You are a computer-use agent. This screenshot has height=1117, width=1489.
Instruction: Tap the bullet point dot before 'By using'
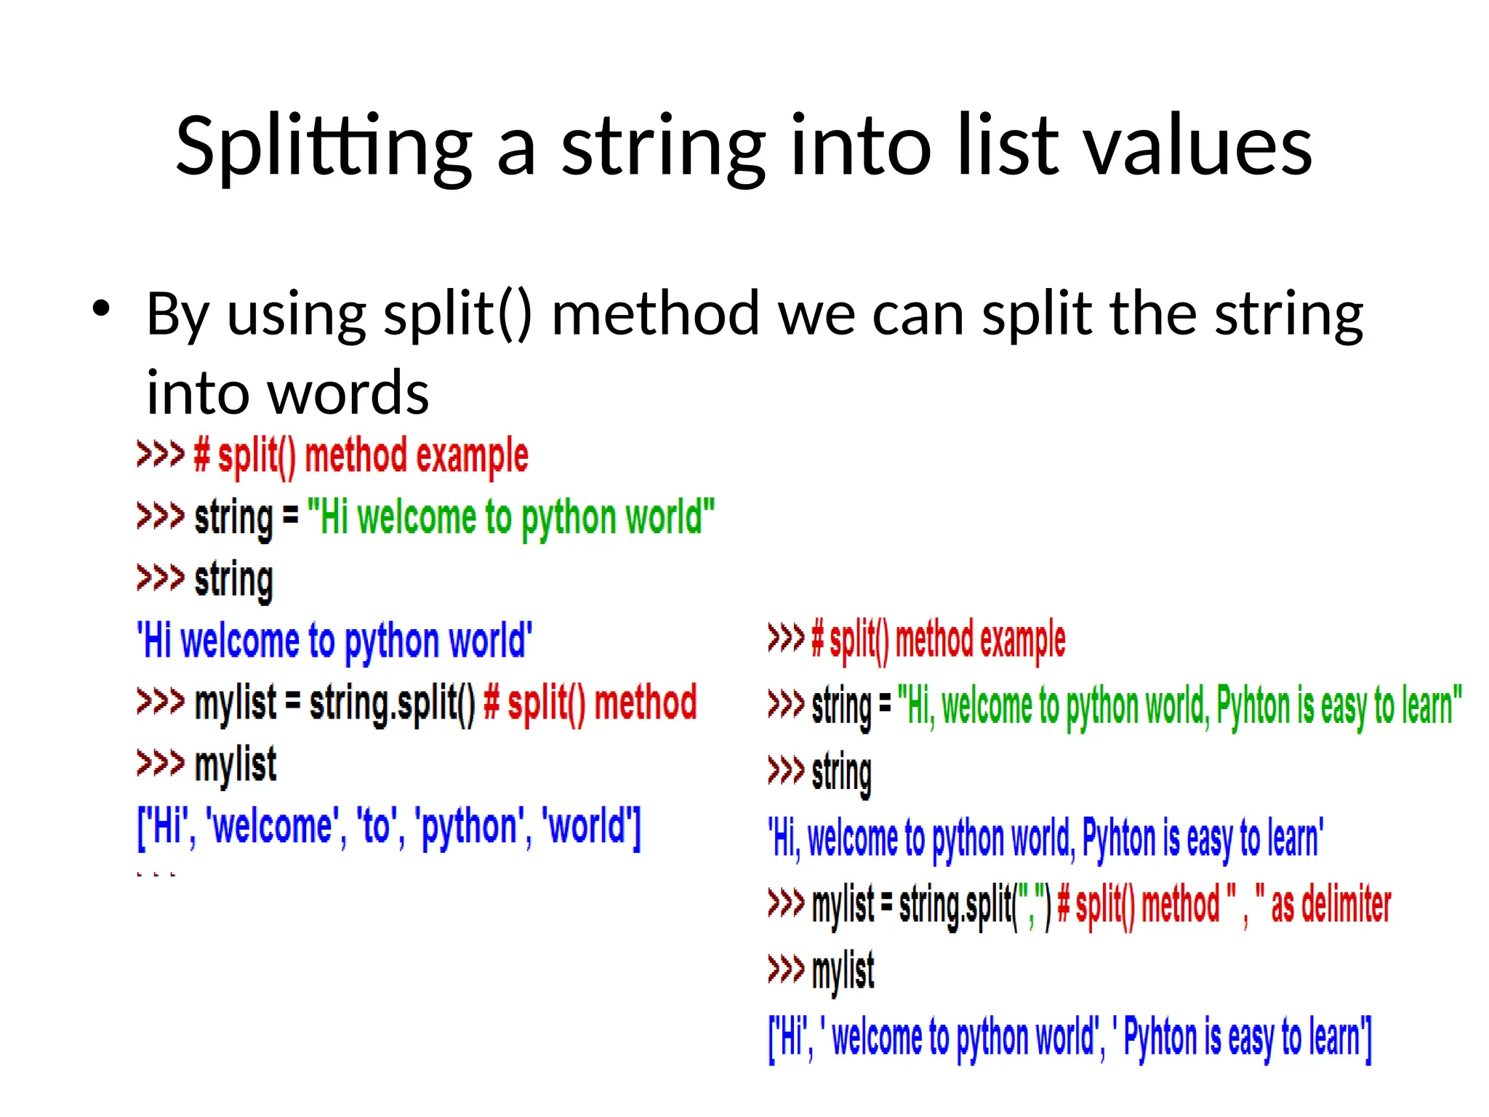point(101,308)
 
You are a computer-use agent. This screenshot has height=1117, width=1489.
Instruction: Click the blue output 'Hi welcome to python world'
point(334,641)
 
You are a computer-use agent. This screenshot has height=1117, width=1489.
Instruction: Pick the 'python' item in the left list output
point(469,828)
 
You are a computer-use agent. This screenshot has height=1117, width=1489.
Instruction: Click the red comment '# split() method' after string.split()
point(590,703)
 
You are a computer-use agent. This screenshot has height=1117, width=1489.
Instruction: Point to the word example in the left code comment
point(472,457)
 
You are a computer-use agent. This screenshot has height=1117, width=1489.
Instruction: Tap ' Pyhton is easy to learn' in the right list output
point(1239,1038)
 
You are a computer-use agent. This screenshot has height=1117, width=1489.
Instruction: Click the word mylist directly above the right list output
point(843,971)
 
